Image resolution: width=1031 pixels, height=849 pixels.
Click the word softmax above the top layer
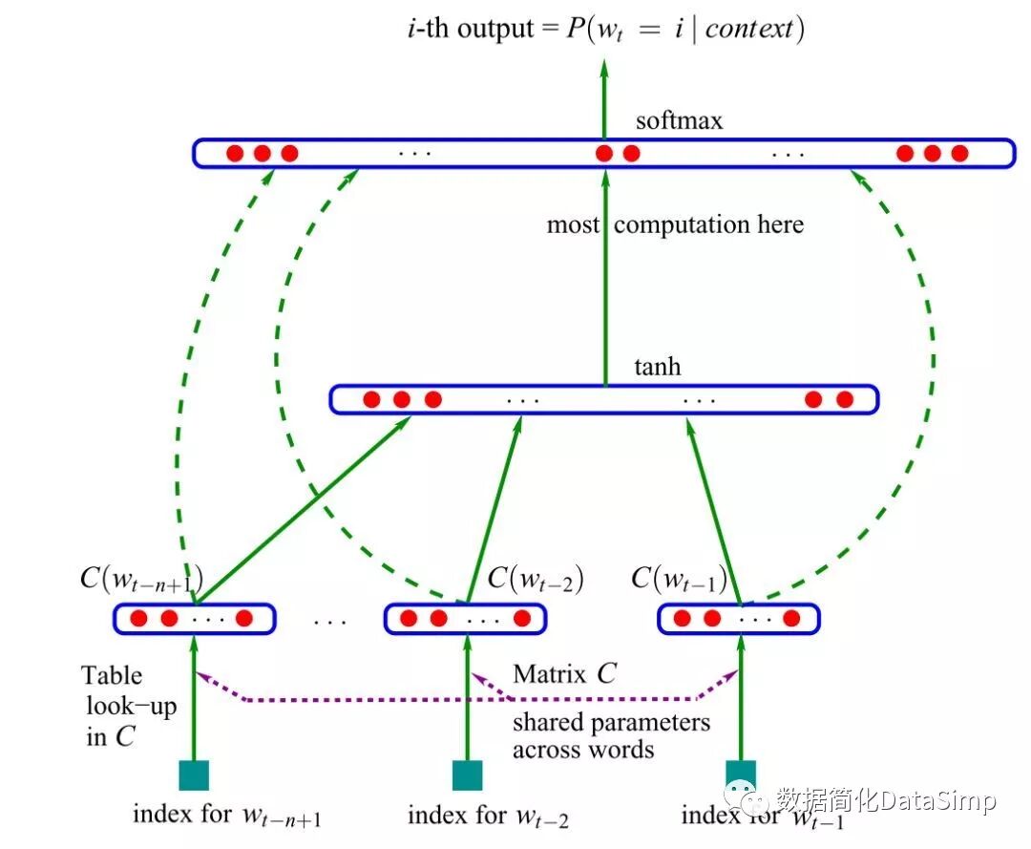coord(679,121)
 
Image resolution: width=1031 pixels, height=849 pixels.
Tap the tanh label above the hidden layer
coord(658,367)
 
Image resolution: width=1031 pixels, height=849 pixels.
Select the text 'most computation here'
coord(675,225)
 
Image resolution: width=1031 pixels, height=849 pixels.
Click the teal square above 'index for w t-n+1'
coord(195,775)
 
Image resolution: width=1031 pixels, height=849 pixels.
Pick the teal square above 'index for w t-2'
coord(467,775)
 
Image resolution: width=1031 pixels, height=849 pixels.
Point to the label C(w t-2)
coord(536,579)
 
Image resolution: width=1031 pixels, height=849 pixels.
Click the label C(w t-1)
coord(679,579)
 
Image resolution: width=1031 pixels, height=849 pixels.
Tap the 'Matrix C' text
coord(564,673)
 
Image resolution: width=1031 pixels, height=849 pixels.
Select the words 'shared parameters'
coord(611,721)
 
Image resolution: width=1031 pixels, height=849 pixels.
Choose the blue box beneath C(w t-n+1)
coord(195,618)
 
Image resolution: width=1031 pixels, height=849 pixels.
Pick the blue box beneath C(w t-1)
coord(739,618)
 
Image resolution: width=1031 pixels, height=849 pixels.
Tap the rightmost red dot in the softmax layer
coord(959,153)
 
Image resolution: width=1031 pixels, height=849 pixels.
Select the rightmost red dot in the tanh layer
coord(844,399)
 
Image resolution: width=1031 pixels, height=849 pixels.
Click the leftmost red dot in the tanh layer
coord(371,399)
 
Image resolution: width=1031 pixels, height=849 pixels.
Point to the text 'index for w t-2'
coord(488,817)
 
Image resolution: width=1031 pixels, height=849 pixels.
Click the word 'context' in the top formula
coord(750,30)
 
